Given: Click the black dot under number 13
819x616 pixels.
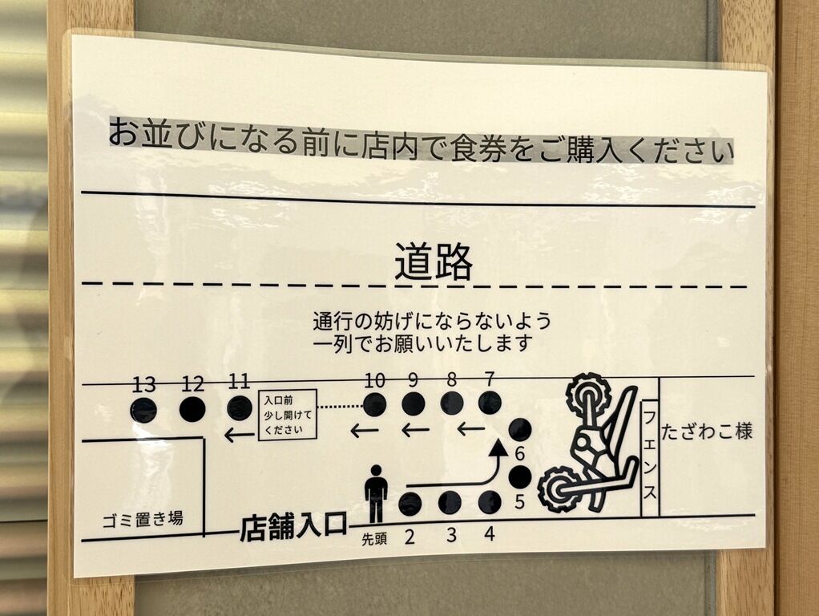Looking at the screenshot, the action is (143, 409).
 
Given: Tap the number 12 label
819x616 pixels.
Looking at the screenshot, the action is (193, 385).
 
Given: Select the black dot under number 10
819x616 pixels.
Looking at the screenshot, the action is (374, 405).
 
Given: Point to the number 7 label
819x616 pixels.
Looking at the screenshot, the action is (490, 378).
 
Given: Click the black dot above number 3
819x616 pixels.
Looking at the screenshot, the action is (450, 503).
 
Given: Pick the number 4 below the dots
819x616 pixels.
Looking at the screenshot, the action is (490, 534).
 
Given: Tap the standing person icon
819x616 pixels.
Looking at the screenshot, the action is (376, 493).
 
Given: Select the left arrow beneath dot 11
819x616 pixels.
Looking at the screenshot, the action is (240, 434).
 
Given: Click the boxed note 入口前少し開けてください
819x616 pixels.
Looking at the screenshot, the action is (287, 415).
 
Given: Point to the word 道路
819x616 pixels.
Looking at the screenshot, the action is (433, 261).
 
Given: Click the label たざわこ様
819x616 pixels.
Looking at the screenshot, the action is (707, 432).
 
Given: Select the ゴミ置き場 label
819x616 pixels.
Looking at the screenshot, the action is (143, 519).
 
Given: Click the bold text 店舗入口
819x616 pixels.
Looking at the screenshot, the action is (293, 527).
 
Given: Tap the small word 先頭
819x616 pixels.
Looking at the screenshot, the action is (374, 540).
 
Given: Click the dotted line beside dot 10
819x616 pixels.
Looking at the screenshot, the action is (341, 406).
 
